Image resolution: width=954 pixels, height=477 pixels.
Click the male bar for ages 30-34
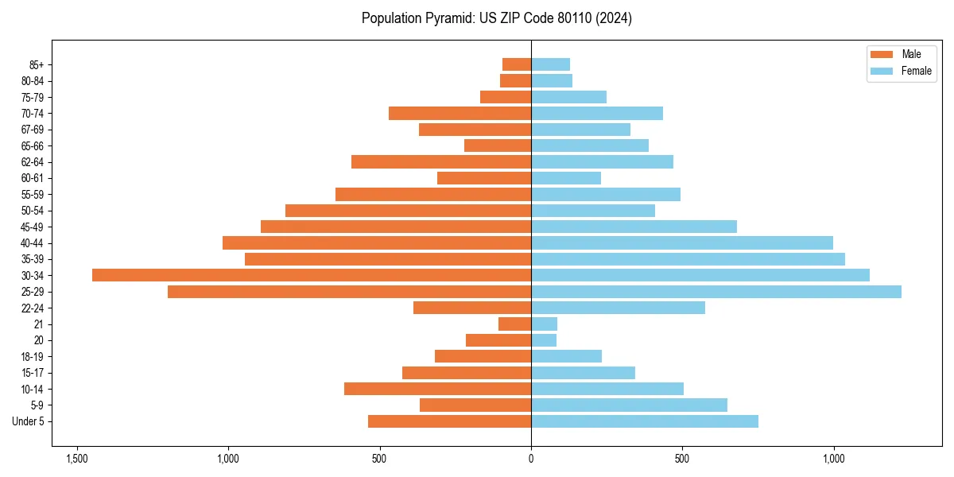312,275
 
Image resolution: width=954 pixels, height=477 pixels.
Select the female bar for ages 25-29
715,292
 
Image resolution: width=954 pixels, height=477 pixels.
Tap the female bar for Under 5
644,421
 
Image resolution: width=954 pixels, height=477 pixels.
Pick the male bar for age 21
515,324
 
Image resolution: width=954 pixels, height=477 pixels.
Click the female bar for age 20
544,340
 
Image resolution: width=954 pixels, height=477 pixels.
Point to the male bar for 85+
517,64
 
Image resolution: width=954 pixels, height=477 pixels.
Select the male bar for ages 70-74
460,113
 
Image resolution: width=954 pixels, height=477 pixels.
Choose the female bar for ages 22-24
618,308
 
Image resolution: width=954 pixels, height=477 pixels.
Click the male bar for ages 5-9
475,405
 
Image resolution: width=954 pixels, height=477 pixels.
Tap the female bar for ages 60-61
566,178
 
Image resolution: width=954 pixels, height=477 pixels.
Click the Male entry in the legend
900,54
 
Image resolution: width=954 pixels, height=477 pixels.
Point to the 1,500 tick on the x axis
77,460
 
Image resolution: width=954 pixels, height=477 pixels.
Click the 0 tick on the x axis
531,460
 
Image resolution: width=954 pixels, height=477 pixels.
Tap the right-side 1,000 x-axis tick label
833,460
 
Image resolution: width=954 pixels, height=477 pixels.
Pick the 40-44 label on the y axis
31,243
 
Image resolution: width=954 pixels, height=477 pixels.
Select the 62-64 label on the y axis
31,162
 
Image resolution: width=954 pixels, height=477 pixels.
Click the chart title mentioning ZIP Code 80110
496,18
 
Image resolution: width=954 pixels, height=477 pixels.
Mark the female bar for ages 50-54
593,211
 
